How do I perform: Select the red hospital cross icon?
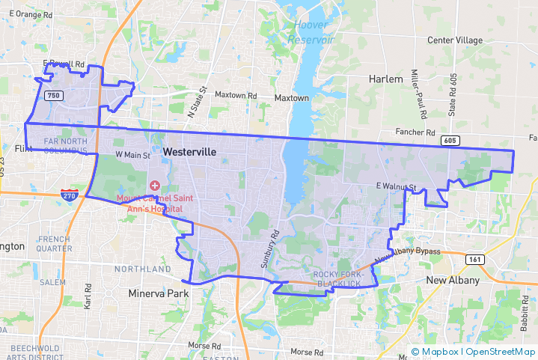(155, 185)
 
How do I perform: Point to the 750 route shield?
(53, 96)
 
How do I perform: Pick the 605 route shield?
(450, 140)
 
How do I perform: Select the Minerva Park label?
(159, 293)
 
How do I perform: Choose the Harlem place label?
(386, 79)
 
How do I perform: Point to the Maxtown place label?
(291, 98)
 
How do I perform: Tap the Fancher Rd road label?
(416, 131)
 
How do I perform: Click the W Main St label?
(132, 155)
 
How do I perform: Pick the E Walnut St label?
(396, 186)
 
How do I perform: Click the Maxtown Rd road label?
(236, 96)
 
